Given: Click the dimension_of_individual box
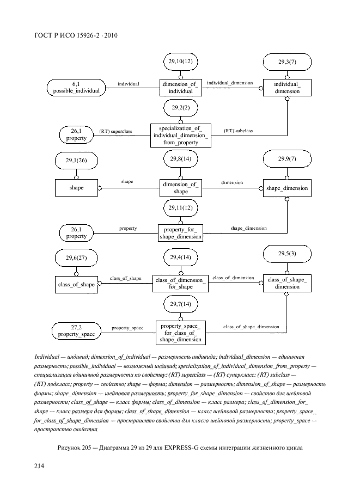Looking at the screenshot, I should [x=180, y=87].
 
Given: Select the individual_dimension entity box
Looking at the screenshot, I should [x=287, y=87].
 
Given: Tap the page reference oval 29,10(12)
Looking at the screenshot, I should [x=180, y=62].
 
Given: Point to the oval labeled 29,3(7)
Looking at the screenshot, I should [x=287, y=62].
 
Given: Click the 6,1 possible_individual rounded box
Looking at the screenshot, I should [x=76, y=87].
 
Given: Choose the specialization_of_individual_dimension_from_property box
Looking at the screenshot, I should [x=180, y=135].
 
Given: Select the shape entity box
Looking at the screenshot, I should [x=76, y=188].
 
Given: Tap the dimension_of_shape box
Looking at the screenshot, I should [x=180, y=188].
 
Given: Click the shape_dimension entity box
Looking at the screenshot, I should [x=287, y=188].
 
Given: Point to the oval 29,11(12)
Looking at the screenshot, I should [x=180, y=208].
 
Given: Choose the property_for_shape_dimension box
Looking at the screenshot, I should [x=180, y=233].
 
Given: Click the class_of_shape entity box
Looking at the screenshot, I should [x=76, y=283].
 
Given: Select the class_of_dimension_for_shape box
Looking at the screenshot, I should [x=180, y=283].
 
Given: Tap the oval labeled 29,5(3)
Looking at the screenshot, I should [x=287, y=254].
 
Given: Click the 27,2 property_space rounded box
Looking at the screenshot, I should [x=76, y=330].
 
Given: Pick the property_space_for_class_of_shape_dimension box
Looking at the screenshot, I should [x=180, y=333].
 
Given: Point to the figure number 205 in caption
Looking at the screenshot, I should [x=88, y=447].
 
